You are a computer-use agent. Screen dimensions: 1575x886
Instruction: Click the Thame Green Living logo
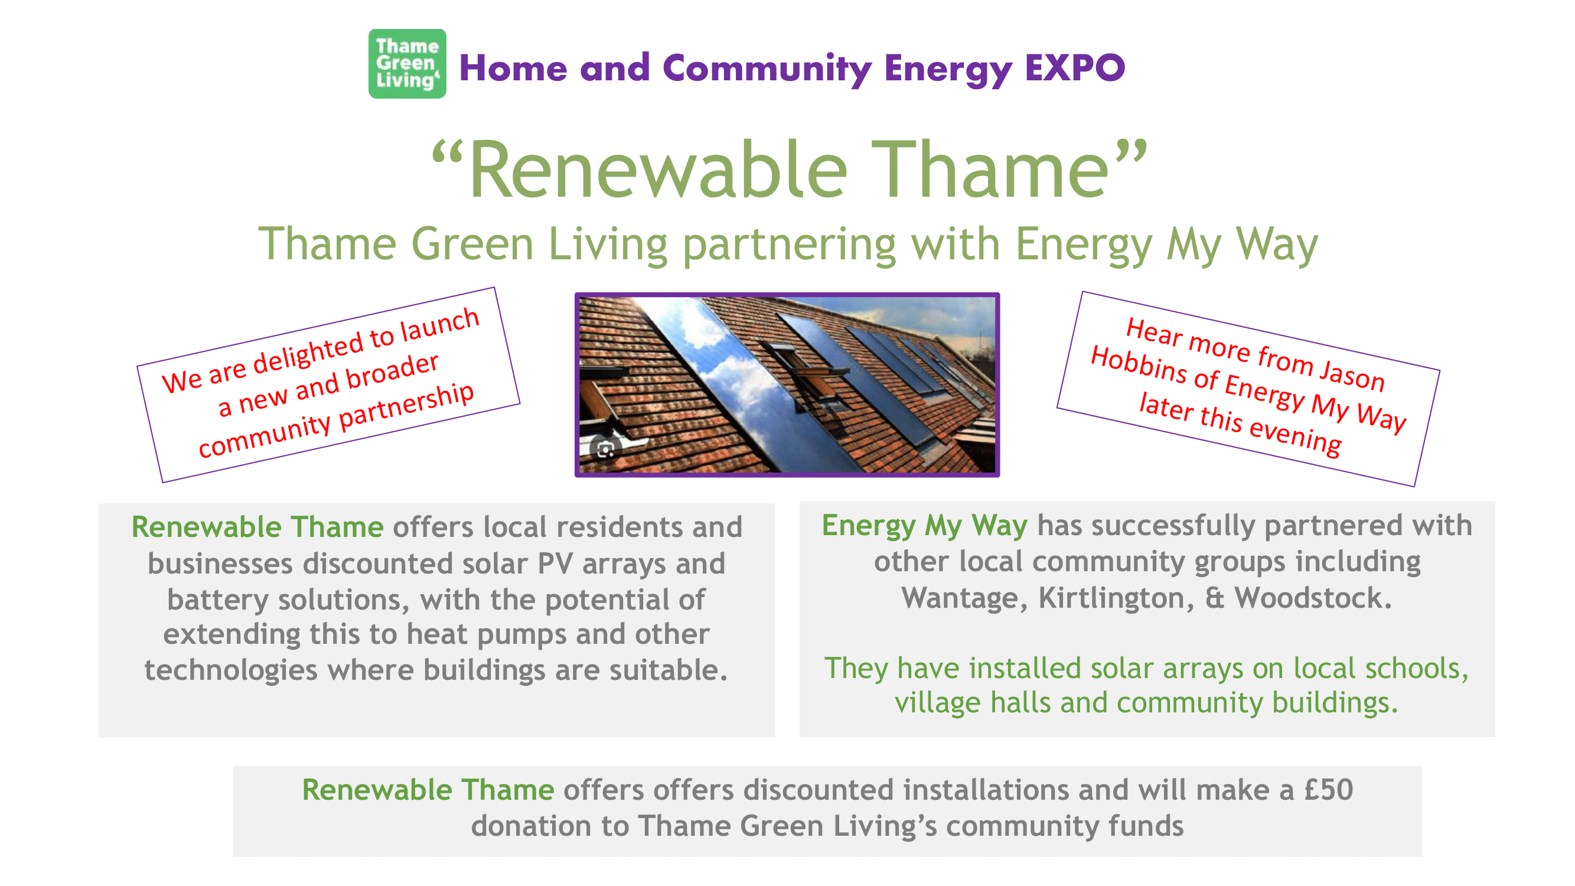(x=407, y=64)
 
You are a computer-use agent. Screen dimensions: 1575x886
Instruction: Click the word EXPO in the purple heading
(x=1074, y=67)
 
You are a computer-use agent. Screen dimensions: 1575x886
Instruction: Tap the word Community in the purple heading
(x=767, y=69)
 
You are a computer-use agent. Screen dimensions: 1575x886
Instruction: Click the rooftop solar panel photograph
(x=787, y=385)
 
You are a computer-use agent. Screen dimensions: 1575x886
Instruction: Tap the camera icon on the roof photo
(x=605, y=449)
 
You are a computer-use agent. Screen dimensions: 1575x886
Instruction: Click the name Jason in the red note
(x=1352, y=372)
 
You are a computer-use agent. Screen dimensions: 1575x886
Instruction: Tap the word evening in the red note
(x=1296, y=435)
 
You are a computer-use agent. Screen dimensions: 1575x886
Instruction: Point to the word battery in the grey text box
(x=218, y=600)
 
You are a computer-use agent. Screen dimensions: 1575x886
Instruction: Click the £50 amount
(x=1329, y=789)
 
